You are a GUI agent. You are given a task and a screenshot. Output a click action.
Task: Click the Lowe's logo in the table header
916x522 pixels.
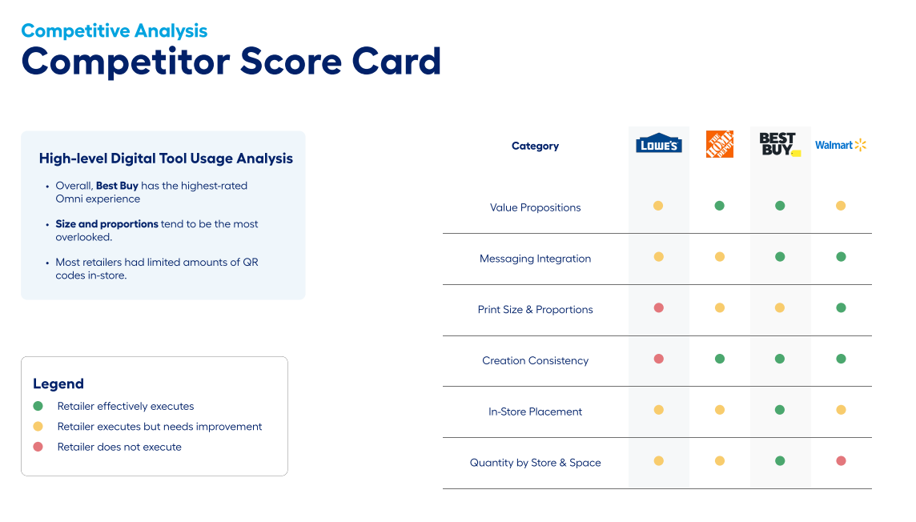coord(658,143)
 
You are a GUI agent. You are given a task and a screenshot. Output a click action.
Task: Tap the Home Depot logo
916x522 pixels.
coord(719,144)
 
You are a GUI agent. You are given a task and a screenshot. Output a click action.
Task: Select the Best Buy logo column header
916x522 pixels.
coord(779,144)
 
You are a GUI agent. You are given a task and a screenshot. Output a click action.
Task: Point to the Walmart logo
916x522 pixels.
coord(841,145)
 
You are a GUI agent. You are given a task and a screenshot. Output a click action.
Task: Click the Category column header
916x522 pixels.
coord(535,146)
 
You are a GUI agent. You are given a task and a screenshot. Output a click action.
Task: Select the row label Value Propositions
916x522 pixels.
coord(535,207)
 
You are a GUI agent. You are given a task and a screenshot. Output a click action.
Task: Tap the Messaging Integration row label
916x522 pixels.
coord(535,259)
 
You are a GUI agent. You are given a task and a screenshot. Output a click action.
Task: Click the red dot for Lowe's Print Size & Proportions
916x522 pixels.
coord(658,308)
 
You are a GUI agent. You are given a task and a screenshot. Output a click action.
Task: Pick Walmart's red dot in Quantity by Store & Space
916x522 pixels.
coord(841,461)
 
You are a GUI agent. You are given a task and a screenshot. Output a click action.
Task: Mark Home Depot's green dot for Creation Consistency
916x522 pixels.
coord(719,359)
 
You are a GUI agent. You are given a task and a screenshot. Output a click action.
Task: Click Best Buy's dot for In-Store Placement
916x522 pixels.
coord(780,410)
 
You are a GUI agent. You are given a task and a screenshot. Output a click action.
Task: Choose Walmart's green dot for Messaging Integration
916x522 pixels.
coord(841,257)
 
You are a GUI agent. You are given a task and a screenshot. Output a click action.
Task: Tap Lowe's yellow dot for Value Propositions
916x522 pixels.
coord(658,206)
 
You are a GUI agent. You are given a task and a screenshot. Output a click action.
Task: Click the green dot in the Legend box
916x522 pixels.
coord(38,406)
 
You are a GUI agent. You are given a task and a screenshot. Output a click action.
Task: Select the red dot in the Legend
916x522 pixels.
coord(38,447)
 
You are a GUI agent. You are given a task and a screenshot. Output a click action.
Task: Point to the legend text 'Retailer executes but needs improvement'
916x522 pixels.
coord(159,427)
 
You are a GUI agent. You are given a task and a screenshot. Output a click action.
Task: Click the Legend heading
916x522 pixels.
coord(58,383)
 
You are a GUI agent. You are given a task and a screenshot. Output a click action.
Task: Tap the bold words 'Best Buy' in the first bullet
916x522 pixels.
coord(117,186)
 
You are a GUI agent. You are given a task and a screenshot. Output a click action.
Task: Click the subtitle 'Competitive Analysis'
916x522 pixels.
coord(114,31)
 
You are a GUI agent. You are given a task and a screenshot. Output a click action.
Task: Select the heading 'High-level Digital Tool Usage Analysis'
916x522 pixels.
coord(166,159)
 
